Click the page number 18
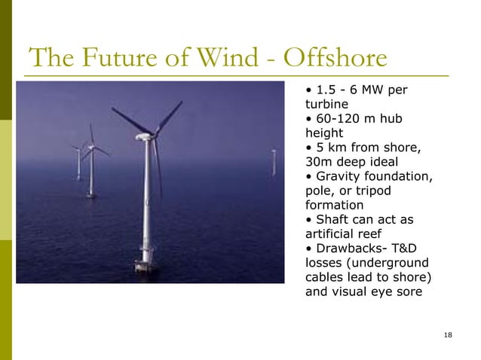point(449,334)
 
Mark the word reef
point(375,233)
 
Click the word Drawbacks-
point(348,248)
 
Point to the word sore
point(407,291)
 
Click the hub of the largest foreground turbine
point(143,137)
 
